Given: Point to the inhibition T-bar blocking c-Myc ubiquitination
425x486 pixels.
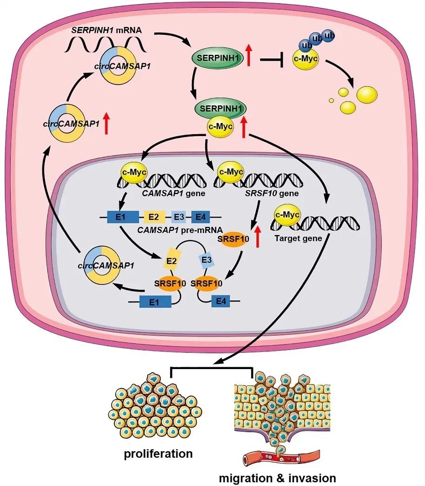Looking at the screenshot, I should (x=274, y=60).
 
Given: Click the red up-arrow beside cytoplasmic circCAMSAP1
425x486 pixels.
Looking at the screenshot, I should (x=107, y=124).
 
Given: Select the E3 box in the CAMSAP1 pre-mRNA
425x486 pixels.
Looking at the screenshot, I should (x=179, y=216).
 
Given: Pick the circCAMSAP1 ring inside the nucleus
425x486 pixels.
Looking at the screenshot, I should (x=102, y=266).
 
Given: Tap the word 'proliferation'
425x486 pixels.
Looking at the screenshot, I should (x=158, y=454).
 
